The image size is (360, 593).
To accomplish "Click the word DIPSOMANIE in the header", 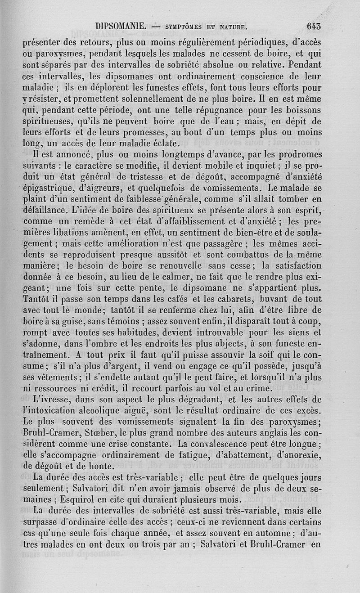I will (120, 26).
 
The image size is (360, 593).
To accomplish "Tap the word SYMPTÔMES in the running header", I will (184, 27).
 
